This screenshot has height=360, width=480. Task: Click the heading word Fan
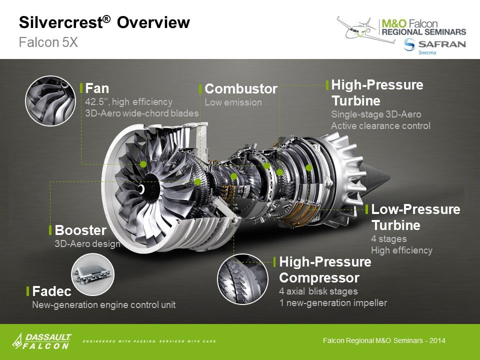(x=97, y=88)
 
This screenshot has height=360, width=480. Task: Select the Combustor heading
(x=240, y=89)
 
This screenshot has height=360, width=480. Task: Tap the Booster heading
(x=80, y=230)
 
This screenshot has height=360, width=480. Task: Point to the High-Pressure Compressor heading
(x=325, y=269)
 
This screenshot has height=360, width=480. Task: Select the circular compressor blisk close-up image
(x=242, y=279)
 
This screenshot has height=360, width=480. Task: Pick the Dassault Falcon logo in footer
(x=42, y=341)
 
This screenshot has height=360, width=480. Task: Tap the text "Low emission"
(x=233, y=102)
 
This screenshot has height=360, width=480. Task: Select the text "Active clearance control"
(x=380, y=126)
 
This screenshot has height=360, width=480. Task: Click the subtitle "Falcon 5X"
(x=48, y=42)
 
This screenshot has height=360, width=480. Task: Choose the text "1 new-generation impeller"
(x=332, y=302)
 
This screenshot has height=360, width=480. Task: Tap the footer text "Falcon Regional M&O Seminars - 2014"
(x=384, y=341)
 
